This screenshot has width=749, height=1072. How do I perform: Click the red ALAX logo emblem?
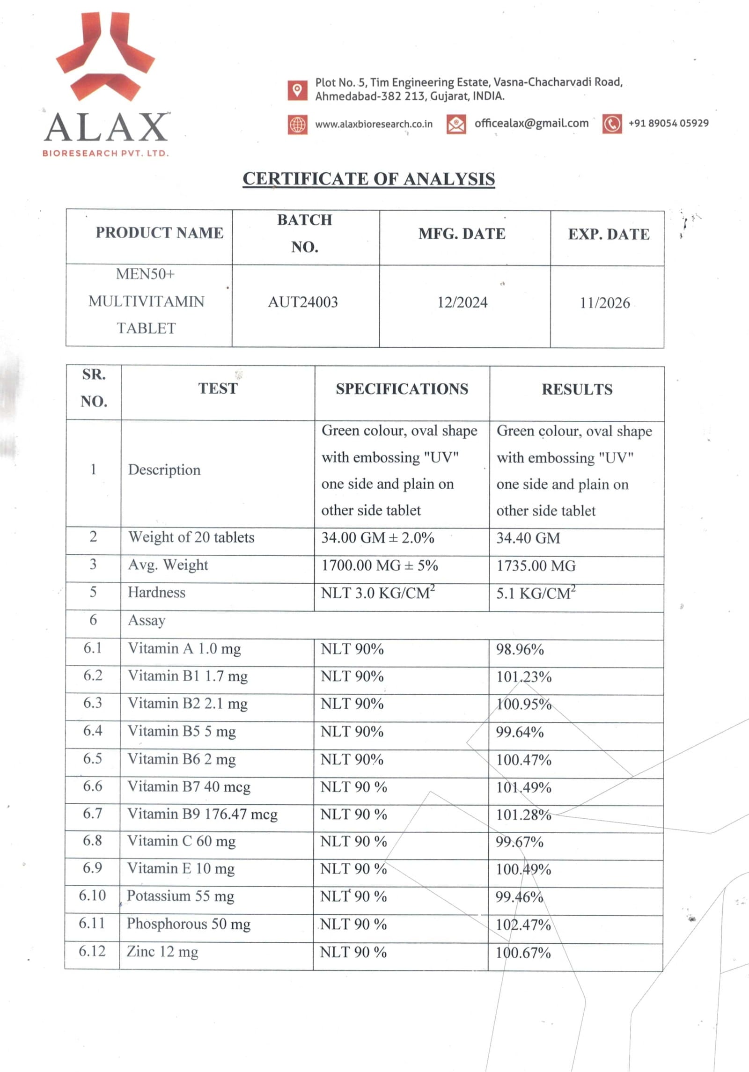[105, 56]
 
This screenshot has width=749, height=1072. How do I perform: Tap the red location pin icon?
[297, 90]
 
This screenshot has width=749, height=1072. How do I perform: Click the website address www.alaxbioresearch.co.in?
[374, 124]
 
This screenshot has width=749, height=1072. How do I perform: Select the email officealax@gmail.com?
[531, 123]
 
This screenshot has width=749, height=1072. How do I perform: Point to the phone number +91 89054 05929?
[668, 123]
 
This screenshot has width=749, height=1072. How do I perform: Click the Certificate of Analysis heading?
[368, 179]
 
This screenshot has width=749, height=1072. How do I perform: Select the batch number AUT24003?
[303, 302]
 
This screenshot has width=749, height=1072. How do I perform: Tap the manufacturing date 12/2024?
[462, 302]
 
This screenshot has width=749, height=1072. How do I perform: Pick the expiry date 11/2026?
[605, 303]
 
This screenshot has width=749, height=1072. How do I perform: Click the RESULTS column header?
[577, 389]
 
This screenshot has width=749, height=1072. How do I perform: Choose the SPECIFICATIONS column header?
[402, 389]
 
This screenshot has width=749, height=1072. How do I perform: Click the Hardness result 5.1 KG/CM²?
[536, 593]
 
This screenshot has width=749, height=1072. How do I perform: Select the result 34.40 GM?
[528, 538]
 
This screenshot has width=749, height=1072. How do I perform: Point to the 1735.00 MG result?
[536, 565]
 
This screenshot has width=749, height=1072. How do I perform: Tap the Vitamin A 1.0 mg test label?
[184, 649]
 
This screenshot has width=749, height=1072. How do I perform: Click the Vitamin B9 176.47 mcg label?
[202, 814]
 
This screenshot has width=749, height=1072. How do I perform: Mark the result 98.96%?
[520, 649]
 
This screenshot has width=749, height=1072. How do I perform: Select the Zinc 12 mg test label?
[162, 951]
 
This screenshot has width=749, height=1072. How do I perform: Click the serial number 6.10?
[92, 896]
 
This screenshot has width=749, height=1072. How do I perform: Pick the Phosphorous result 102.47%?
[523, 925]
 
